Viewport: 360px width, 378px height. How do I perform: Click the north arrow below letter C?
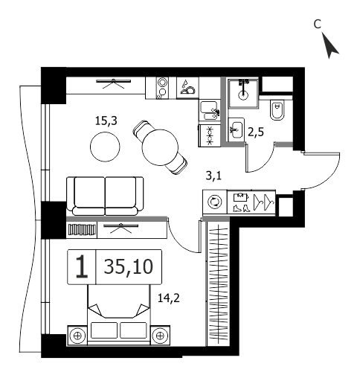330,47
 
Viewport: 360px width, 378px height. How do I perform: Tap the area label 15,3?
106,121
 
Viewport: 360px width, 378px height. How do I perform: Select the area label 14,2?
169,298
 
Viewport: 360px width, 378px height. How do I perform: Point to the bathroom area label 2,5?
256,132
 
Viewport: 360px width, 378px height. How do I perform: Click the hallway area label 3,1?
213,176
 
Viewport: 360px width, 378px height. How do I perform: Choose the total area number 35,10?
129,267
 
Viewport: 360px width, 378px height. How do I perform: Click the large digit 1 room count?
82,266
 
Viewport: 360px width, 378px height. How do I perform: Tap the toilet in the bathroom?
277,110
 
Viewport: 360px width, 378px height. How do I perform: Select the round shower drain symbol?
243,94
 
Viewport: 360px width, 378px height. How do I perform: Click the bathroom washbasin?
237,129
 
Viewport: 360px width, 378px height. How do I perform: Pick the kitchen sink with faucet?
209,111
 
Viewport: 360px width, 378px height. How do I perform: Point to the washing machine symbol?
215,202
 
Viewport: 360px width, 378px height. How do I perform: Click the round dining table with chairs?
160,148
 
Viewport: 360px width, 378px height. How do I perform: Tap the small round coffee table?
105,147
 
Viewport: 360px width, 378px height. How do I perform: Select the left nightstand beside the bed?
77,336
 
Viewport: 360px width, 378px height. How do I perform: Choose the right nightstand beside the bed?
160,336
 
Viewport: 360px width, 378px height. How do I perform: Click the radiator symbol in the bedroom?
82,229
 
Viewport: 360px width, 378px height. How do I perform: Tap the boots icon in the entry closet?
241,208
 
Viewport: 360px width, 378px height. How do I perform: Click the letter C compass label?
318,24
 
